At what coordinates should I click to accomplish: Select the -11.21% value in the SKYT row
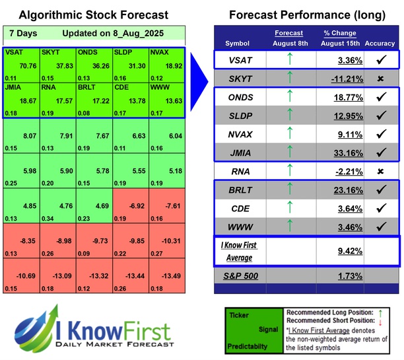pos(344,79)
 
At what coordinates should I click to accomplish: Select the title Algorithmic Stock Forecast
pos(92,15)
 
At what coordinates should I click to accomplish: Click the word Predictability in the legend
pos(250,345)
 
